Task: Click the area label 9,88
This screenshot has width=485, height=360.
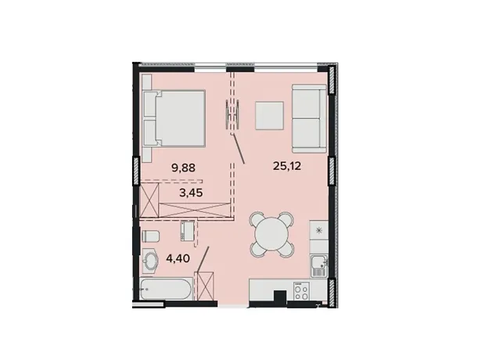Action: tap(184, 168)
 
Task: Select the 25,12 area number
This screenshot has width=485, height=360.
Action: tap(287, 167)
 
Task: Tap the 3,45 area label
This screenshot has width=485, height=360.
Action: tap(191, 193)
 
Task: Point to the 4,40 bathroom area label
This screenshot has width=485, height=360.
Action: tap(178, 257)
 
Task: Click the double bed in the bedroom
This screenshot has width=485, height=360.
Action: tap(174, 118)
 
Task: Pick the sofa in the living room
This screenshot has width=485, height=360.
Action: tap(309, 118)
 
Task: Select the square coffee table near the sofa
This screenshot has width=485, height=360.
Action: tap(269, 116)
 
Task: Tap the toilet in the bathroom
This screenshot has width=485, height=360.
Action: tap(150, 236)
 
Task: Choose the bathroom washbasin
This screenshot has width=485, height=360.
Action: tap(150, 261)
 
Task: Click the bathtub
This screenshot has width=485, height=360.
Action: tap(167, 289)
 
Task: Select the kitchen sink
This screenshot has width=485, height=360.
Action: tap(319, 266)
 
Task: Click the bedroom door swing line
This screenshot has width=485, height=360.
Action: tap(238, 148)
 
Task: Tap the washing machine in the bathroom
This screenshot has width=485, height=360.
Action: tap(188, 231)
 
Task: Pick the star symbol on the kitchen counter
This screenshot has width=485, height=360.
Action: tap(318, 230)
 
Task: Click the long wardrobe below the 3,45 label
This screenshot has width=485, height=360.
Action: tap(195, 211)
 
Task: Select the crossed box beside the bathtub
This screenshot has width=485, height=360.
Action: tap(204, 286)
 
